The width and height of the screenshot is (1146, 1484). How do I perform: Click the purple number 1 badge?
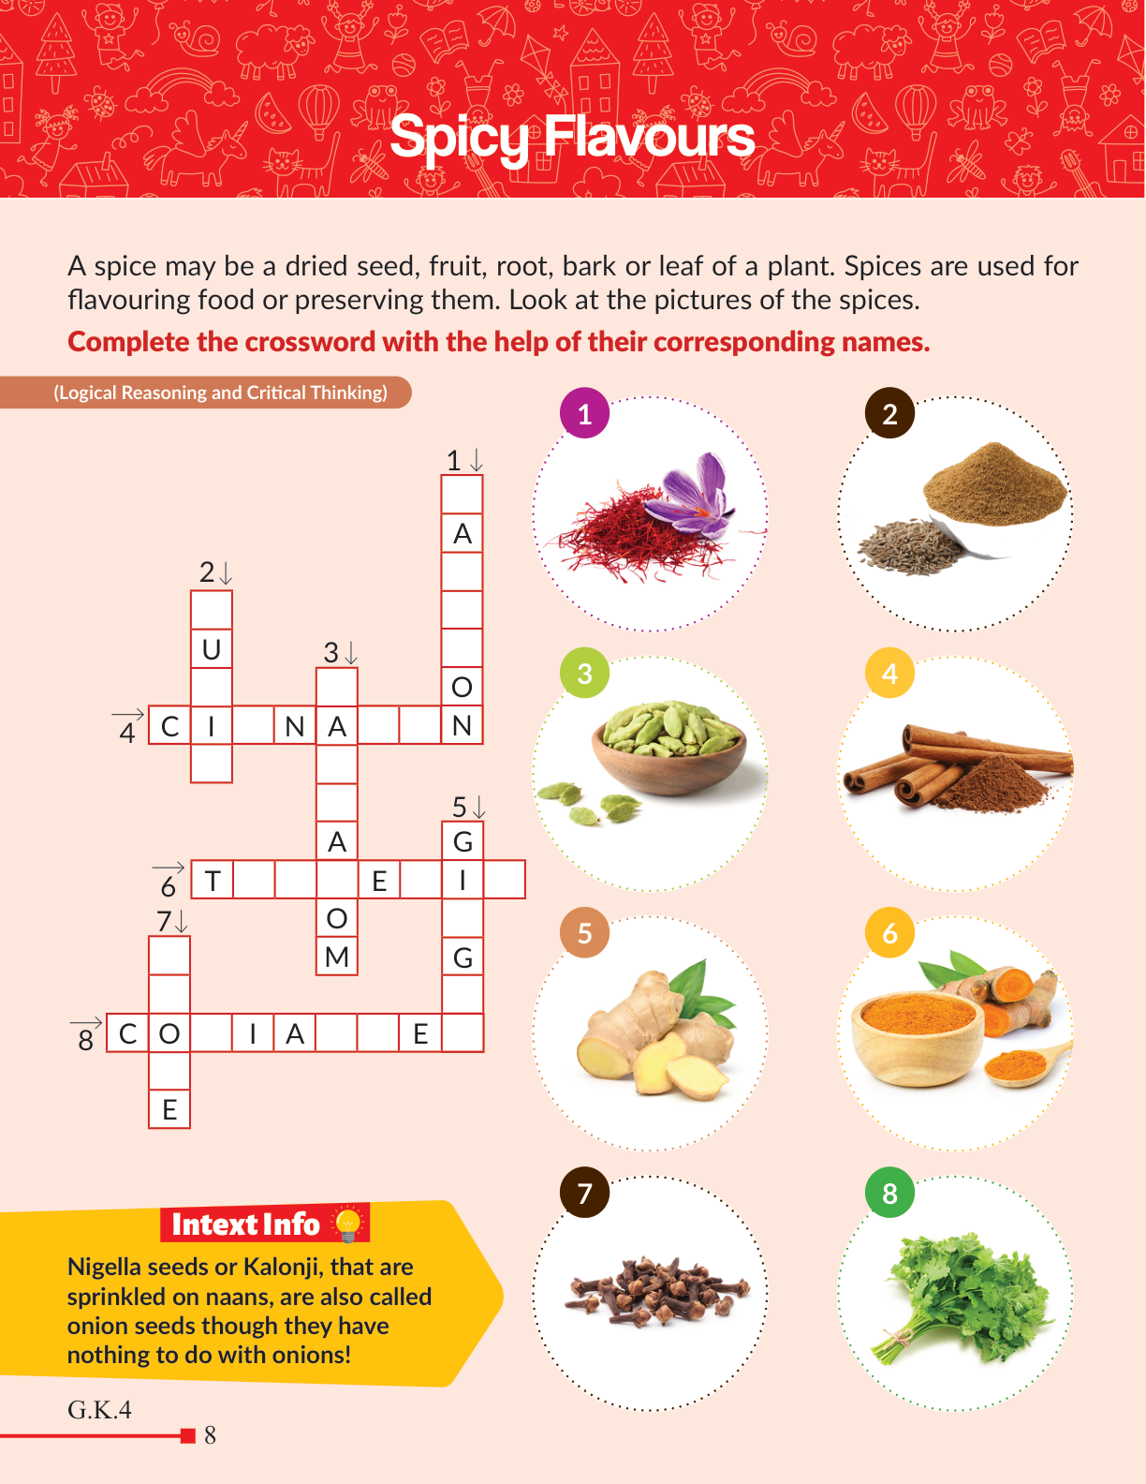click(584, 413)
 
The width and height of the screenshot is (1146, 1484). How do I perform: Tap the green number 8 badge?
click(889, 1193)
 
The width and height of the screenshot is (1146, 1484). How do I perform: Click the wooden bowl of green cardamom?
click(668, 747)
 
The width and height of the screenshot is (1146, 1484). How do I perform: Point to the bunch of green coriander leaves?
click(963, 1297)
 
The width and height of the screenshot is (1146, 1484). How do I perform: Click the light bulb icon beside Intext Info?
click(348, 1224)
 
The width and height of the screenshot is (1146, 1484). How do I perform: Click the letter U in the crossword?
click(212, 649)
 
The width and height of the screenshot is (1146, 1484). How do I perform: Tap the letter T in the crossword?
click(213, 881)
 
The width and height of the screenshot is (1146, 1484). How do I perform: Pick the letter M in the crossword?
click(336, 957)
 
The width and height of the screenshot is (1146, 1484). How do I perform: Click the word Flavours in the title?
click(649, 137)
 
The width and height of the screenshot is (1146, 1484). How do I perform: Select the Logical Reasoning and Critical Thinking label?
click(220, 393)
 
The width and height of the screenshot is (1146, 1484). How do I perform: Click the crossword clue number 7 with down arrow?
click(171, 921)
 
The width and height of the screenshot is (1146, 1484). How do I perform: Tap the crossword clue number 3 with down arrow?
click(340, 652)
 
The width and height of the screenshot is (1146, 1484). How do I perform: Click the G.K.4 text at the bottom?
click(99, 1410)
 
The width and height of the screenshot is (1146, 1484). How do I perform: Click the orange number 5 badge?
click(584, 933)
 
